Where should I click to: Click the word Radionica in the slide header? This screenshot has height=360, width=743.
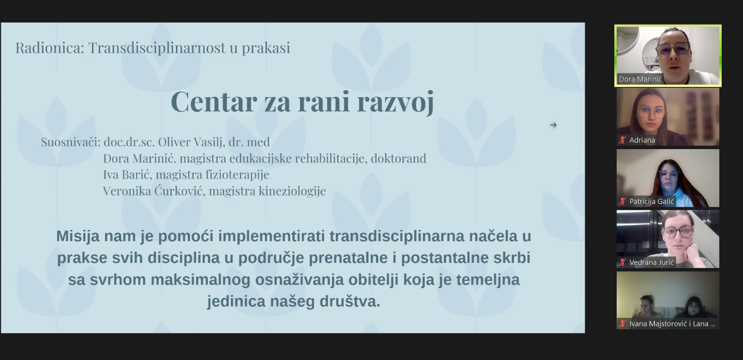pyautogui.click(x=50, y=47)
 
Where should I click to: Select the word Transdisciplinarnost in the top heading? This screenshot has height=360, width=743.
pyautogui.click(x=156, y=47)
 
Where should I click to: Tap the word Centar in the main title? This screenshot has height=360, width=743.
pyautogui.click(x=214, y=102)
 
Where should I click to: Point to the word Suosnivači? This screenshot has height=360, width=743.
pyautogui.click(x=71, y=142)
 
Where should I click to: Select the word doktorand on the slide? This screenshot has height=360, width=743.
pyautogui.click(x=398, y=158)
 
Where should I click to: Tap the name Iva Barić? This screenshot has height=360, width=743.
pyautogui.click(x=127, y=175)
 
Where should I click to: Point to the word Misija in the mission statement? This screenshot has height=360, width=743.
pyautogui.click(x=78, y=236)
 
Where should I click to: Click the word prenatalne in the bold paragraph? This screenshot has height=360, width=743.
pyautogui.click(x=348, y=258)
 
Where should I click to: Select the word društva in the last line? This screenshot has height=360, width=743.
pyautogui.click(x=350, y=301)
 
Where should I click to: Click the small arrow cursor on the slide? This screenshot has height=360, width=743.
pyautogui.click(x=553, y=125)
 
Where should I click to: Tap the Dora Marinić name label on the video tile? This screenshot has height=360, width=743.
pyautogui.click(x=640, y=79)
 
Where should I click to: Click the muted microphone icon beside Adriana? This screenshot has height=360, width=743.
pyautogui.click(x=622, y=140)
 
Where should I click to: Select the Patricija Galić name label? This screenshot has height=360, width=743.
pyautogui.click(x=652, y=202)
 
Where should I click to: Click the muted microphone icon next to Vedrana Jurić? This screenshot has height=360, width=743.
pyautogui.click(x=622, y=262)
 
